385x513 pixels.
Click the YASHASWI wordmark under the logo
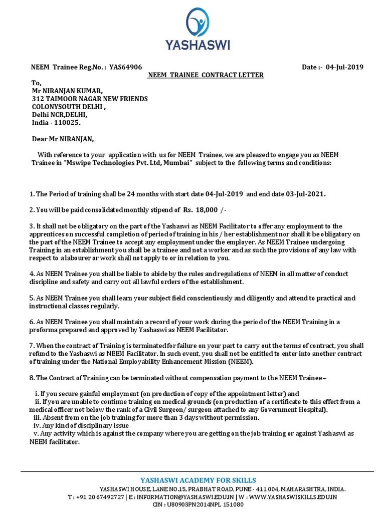coord(198,45)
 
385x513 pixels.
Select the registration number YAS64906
coord(125,67)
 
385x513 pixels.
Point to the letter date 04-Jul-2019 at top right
coord(344,67)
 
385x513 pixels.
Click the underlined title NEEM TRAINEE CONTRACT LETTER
coord(205,75)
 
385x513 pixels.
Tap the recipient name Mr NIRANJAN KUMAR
coord(67,91)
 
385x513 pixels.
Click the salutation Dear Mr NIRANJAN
coord(62,139)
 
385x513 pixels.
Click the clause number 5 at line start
coord(31,298)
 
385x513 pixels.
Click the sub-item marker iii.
coord(37,417)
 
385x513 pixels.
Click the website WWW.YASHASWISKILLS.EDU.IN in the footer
coord(292,496)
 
